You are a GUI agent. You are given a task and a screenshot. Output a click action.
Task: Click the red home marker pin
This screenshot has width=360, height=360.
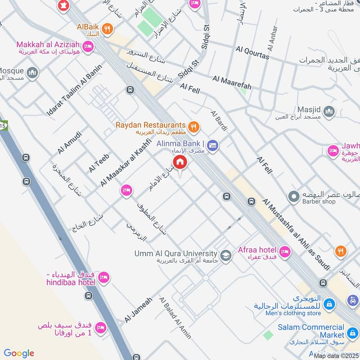tap(180, 162)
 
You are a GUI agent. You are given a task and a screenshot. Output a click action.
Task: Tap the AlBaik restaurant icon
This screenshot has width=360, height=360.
tap(107, 30)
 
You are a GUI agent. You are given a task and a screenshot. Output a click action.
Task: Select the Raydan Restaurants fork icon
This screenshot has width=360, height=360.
tap(194, 127)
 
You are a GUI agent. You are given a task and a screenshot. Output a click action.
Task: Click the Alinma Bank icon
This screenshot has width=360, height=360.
tap(213, 145)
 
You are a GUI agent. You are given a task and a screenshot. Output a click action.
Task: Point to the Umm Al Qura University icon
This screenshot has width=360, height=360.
tap(226, 255)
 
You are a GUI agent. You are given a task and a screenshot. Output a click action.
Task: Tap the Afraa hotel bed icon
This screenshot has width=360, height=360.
tap(284, 251)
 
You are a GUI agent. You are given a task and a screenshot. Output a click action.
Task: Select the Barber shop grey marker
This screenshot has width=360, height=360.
tap(294, 197)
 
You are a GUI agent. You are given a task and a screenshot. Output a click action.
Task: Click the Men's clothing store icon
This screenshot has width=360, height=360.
tap(330, 304)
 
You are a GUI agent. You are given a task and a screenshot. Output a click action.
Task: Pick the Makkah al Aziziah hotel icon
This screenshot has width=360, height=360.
tap(88, 46)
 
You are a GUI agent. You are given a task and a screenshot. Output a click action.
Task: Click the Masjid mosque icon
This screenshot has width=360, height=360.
tap(330, 111)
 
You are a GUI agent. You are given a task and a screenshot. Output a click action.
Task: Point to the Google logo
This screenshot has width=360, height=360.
tap(19, 353)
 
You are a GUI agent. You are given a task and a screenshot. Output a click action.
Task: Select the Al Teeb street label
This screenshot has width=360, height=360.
tap(99, 162)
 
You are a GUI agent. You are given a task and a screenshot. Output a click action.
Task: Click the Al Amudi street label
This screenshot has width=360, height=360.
tap(70, 142)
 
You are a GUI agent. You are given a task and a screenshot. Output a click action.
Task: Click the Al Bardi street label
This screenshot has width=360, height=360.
tap(220, 121)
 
